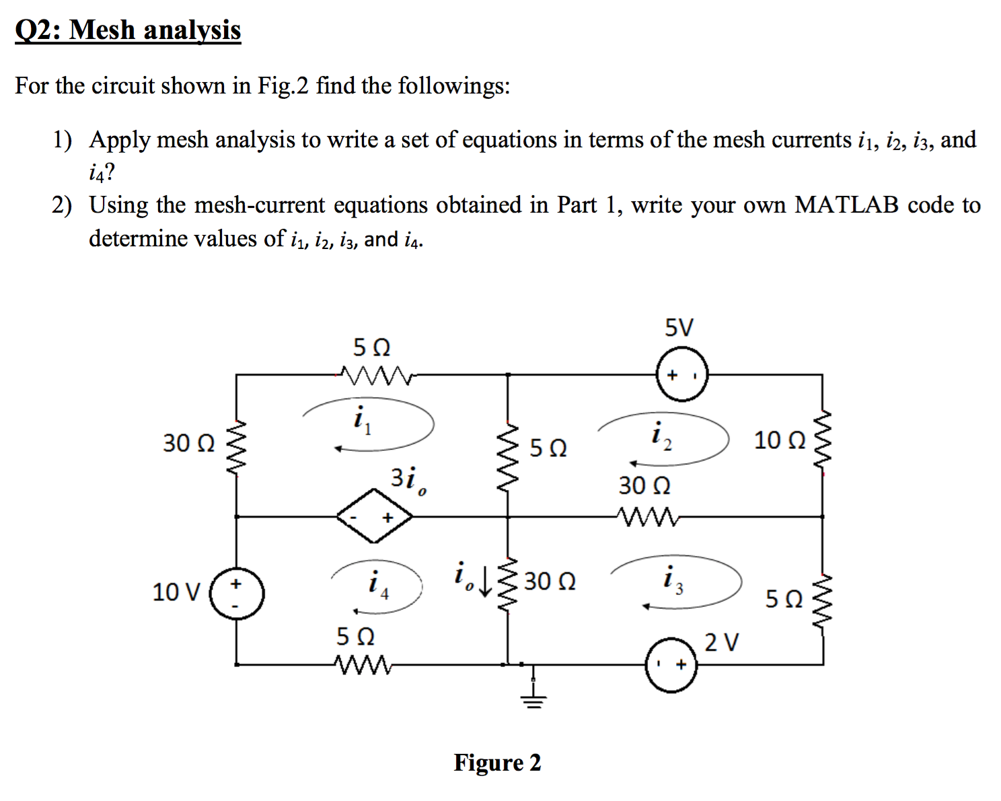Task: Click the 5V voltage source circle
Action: click(681, 374)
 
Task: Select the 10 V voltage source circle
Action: click(237, 593)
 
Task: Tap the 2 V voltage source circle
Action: click(671, 665)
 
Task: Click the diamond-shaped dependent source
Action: click(375, 516)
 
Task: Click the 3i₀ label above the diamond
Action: click(408, 479)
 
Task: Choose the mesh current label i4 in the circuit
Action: click(378, 583)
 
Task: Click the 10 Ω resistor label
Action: click(779, 440)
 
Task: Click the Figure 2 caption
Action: click(497, 763)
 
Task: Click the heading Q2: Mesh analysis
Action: click(128, 30)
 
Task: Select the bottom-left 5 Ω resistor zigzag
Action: click(363, 665)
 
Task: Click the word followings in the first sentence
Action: click(453, 86)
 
